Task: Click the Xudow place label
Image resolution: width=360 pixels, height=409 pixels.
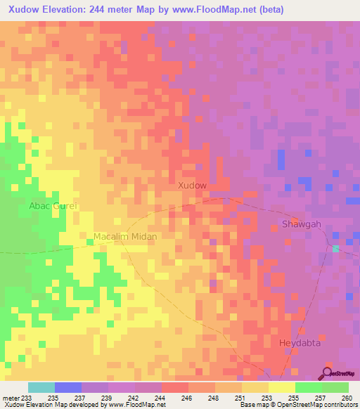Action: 193,186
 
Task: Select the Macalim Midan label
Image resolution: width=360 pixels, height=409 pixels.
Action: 125,237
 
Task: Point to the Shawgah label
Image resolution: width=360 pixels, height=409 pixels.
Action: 301,224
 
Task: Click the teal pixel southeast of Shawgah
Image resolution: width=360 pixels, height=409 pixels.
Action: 336,249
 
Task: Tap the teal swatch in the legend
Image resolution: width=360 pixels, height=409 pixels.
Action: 41,387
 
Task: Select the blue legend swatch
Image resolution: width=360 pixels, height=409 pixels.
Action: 68,387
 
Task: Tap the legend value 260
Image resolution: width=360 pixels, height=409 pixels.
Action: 347,398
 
